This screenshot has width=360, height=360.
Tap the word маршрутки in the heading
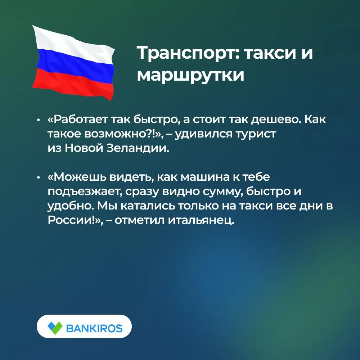(190, 75)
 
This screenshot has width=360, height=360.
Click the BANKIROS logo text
(94, 328)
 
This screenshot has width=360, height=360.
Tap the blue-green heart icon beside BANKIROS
(55, 327)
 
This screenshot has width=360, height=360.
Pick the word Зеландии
(138, 148)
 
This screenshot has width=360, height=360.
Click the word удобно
(70, 206)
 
